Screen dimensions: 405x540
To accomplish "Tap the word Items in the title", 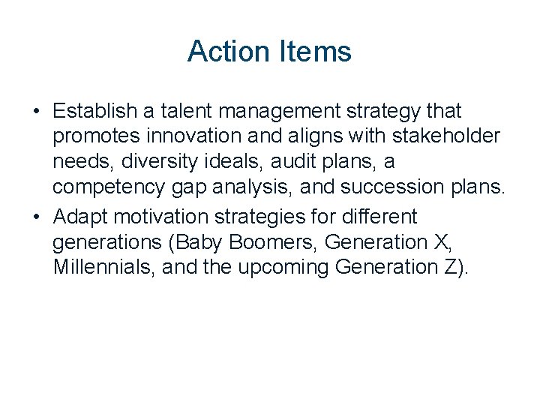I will point(315,52).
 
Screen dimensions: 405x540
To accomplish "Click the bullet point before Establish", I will point(36,112).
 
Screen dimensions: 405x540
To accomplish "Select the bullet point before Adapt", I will point(36,217).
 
